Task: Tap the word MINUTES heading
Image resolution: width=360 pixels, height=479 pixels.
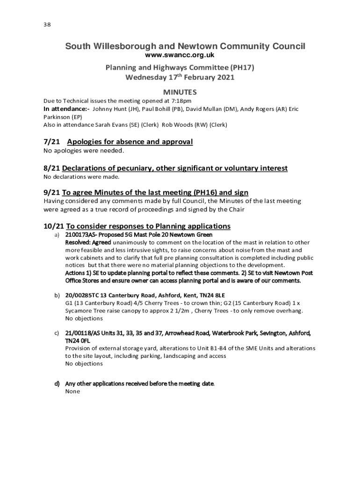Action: [x=180, y=92]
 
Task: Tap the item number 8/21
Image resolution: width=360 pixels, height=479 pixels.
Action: [x=51, y=168]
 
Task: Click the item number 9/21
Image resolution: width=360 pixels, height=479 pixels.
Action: [x=51, y=192]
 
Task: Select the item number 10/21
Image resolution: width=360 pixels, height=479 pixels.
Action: [x=53, y=226]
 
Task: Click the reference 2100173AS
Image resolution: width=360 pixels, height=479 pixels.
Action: [x=81, y=234]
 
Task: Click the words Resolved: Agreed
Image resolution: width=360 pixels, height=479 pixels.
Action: [x=88, y=242]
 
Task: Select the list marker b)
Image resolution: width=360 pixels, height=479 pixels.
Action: [x=57, y=296]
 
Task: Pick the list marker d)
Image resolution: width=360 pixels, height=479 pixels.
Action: [x=57, y=384]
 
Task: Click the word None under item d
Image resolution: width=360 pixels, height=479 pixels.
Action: [x=72, y=392]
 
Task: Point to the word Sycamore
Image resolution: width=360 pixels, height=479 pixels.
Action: [x=79, y=311]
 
